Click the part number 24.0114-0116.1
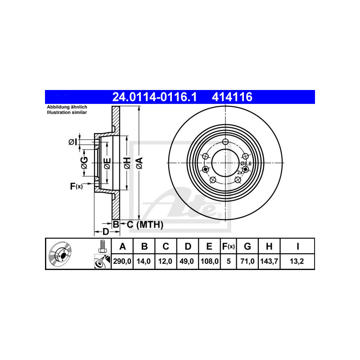(x=154, y=97)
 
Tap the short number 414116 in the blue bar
(x=232, y=97)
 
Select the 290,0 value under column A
(x=122, y=261)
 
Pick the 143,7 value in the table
(x=269, y=261)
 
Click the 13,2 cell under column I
(x=297, y=261)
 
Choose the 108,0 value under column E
(x=210, y=261)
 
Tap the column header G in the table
(x=247, y=246)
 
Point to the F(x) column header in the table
(x=229, y=246)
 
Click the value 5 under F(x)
(x=229, y=261)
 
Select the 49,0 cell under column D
(x=186, y=261)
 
